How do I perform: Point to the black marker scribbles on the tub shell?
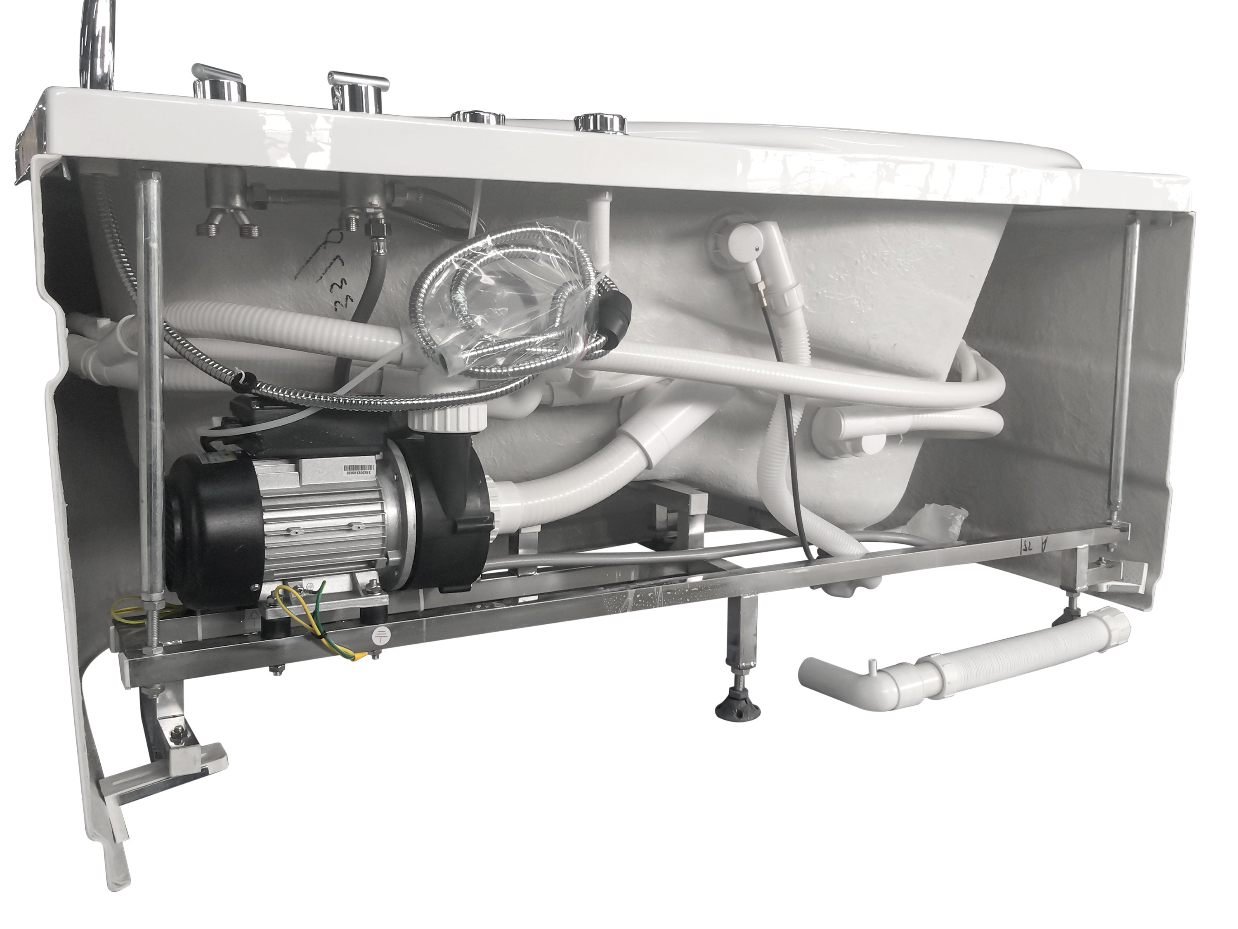(x=330, y=275)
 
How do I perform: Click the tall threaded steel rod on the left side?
(x=150, y=392)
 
